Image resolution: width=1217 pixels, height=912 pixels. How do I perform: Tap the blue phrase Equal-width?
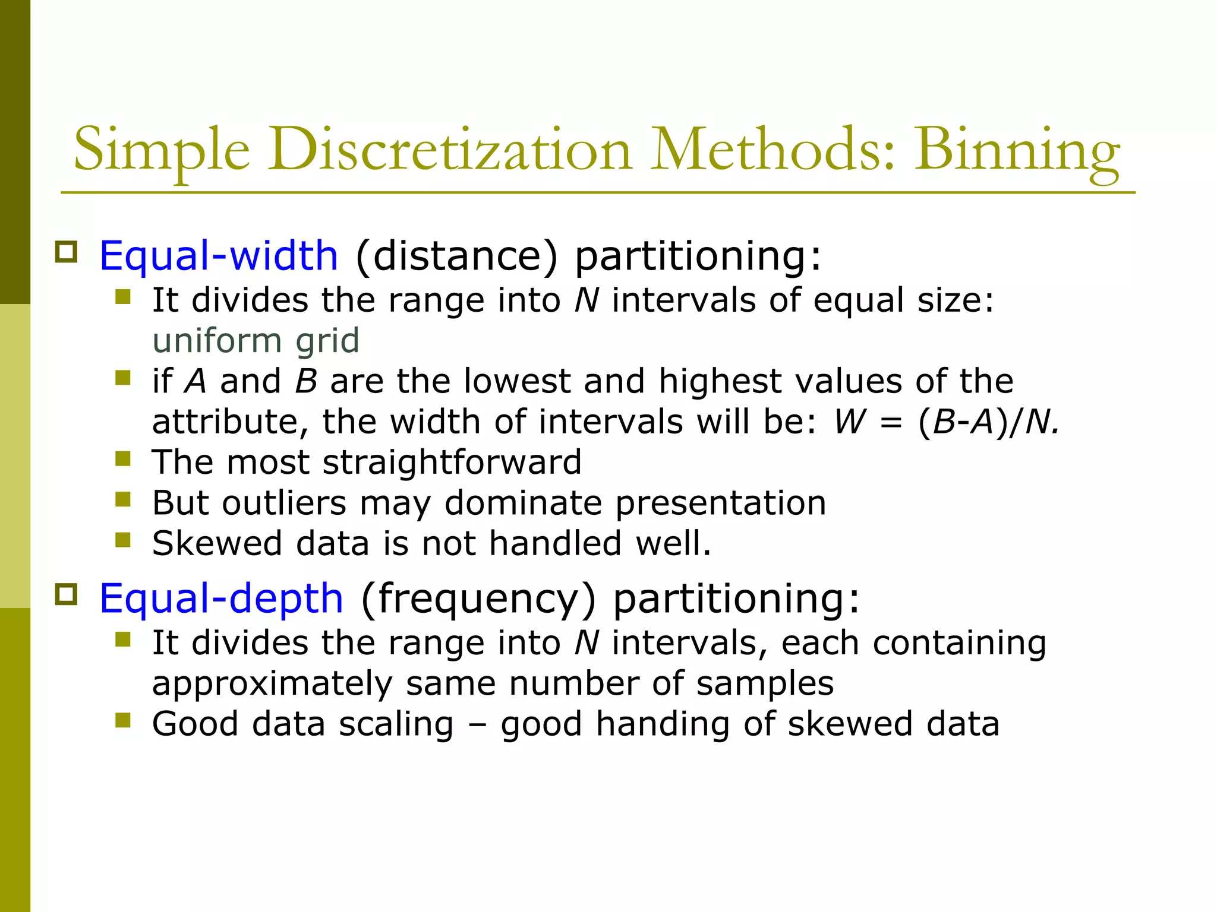219,256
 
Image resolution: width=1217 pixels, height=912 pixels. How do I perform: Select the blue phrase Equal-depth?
221,598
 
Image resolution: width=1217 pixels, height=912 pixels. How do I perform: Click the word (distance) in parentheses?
457,256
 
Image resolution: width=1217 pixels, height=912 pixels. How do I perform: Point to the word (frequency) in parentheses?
478,598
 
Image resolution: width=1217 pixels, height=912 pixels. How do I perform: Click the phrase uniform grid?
256,340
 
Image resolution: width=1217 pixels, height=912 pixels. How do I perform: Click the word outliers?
284,503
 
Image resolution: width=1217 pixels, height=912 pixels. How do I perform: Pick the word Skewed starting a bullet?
217,543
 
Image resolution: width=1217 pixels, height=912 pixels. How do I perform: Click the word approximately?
272,683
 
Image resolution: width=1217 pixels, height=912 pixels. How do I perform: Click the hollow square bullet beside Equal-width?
66,252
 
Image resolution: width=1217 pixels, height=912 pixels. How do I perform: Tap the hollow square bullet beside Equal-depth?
66,594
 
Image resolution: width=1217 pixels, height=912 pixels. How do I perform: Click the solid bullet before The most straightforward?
123,458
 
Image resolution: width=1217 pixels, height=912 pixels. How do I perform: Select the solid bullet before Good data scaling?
123,720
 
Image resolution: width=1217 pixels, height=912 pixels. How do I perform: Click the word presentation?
720,503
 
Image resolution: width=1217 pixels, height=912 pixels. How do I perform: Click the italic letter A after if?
196,381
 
